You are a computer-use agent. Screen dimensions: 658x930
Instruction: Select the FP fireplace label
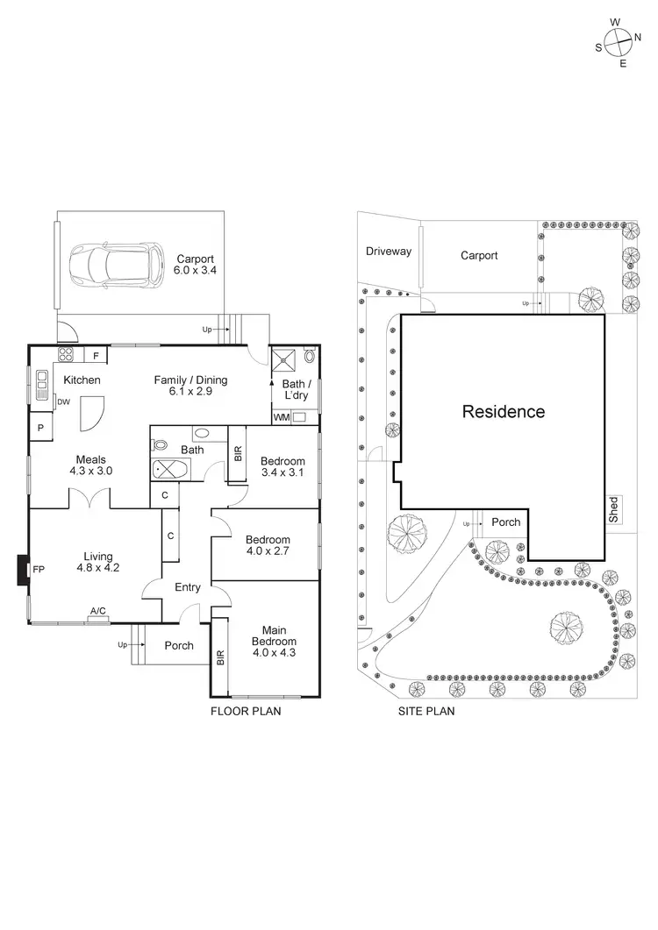pyautogui.click(x=39, y=570)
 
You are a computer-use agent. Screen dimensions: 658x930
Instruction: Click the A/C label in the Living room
pyautogui.click(x=99, y=611)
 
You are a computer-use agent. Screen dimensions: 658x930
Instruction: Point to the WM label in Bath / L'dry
pyautogui.click(x=281, y=417)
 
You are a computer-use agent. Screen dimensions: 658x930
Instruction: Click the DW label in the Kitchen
pyautogui.click(x=63, y=402)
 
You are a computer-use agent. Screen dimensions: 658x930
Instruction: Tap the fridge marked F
pyautogui.click(x=95, y=355)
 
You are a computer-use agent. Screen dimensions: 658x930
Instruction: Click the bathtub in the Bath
pyautogui.click(x=169, y=470)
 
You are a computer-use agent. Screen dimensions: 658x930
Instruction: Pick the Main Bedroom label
pyautogui.click(x=272, y=641)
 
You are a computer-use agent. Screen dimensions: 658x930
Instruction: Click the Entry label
pyautogui.click(x=188, y=587)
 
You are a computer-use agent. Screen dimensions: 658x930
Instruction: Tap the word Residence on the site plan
pyautogui.click(x=504, y=411)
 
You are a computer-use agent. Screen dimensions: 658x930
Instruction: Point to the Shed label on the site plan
pyautogui.click(x=614, y=509)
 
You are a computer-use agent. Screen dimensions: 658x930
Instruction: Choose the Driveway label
pyautogui.click(x=389, y=252)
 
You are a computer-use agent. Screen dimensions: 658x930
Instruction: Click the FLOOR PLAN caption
pyautogui.click(x=246, y=711)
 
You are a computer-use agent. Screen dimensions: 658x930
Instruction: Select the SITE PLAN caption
pyautogui.click(x=427, y=711)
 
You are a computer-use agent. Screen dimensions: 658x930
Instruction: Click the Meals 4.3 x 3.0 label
pyautogui.click(x=91, y=465)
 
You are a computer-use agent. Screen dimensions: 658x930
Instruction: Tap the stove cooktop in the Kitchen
pyautogui.click(x=66, y=354)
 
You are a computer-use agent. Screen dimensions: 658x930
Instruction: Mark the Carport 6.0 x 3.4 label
pyautogui.click(x=197, y=265)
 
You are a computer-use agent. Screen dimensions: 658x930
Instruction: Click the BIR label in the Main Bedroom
pyautogui.click(x=220, y=655)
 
